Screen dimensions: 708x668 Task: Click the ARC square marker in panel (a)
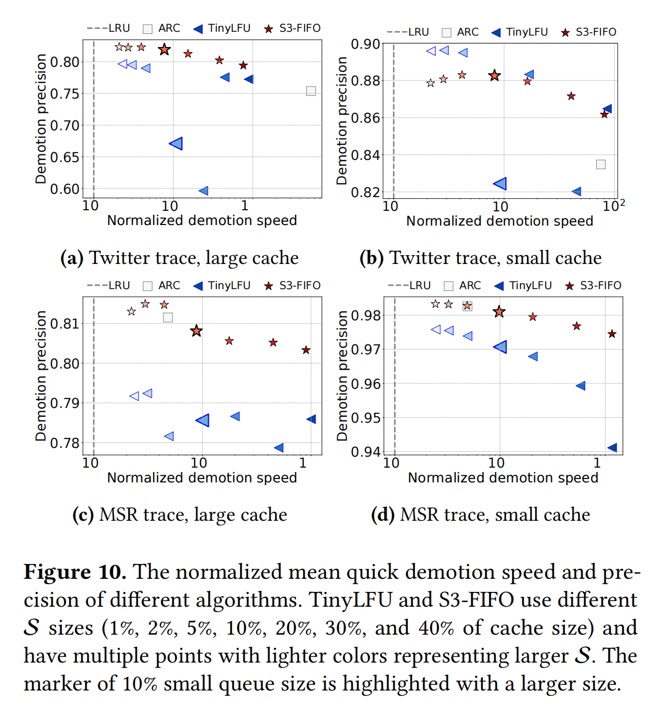coord(311,91)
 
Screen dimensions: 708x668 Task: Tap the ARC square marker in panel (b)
coord(601,164)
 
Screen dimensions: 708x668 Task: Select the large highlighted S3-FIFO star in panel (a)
coord(164,50)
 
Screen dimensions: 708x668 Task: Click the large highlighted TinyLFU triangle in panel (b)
coord(500,183)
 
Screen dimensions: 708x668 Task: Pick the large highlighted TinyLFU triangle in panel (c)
coord(203,420)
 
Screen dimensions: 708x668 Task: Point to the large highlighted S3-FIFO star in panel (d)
coord(499,312)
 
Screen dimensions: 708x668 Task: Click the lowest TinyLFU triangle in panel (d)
coord(612,448)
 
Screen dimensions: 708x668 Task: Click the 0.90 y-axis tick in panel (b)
coord(366,44)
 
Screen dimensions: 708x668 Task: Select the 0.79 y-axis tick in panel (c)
coord(65,404)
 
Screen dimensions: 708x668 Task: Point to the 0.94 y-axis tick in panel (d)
coord(366,452)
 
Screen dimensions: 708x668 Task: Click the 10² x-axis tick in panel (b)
coord(613,206)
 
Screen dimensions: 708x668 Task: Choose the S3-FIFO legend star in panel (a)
coord(269,28)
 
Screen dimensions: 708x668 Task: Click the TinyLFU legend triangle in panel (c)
coord(198,286)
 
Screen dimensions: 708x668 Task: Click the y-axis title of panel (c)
coord(41,376)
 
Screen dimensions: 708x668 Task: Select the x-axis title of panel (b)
coord(499,221)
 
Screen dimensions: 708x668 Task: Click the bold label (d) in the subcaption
coord(382,515)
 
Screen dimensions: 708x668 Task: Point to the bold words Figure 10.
coord(75,572)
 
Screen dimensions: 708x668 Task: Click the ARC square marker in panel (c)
coord(168,318)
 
